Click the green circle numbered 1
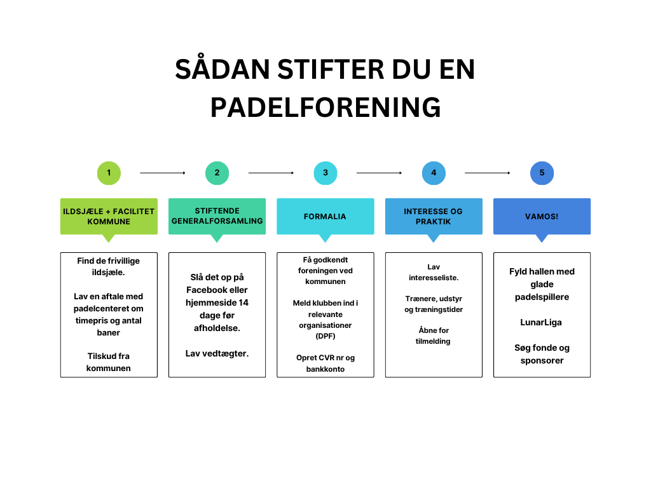point(109,173)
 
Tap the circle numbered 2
point(217,173)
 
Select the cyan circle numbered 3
point(325,173)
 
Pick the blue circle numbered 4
point(434,173)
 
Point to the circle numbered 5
point(542,173)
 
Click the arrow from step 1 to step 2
point(163,173)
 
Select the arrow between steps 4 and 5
point(488,173)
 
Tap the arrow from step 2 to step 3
point(271,173)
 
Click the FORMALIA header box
point(325,217)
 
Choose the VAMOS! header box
point(542,217)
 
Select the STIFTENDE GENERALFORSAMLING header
point(217,217)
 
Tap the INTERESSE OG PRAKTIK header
point(434,217)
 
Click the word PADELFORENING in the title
point(325,107)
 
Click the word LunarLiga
point(541,322)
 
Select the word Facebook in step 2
point(206,290)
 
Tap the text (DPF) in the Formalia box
point(325,336)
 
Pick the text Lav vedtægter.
point(217,353)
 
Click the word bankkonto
point(325,369)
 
